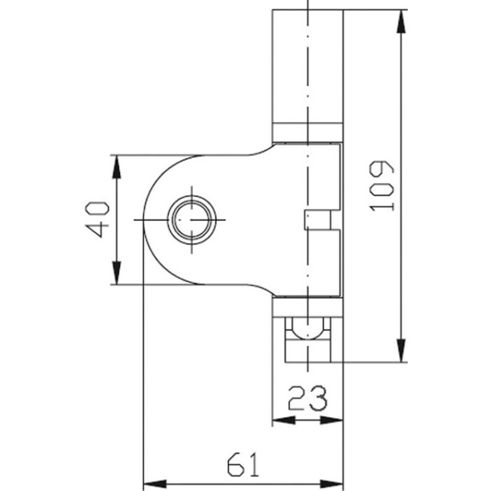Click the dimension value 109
pyautogui.click(x=382, y=185)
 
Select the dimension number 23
pyautogui.click(x=308, y=399)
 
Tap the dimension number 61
pyautogui.click(x=243, y=465)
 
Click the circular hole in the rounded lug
pyautogui.click(x=192, y=220)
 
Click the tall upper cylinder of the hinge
pyautogui.click(x=307, y=67)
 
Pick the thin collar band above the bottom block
pyautogui.click(x=307, y=306)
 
